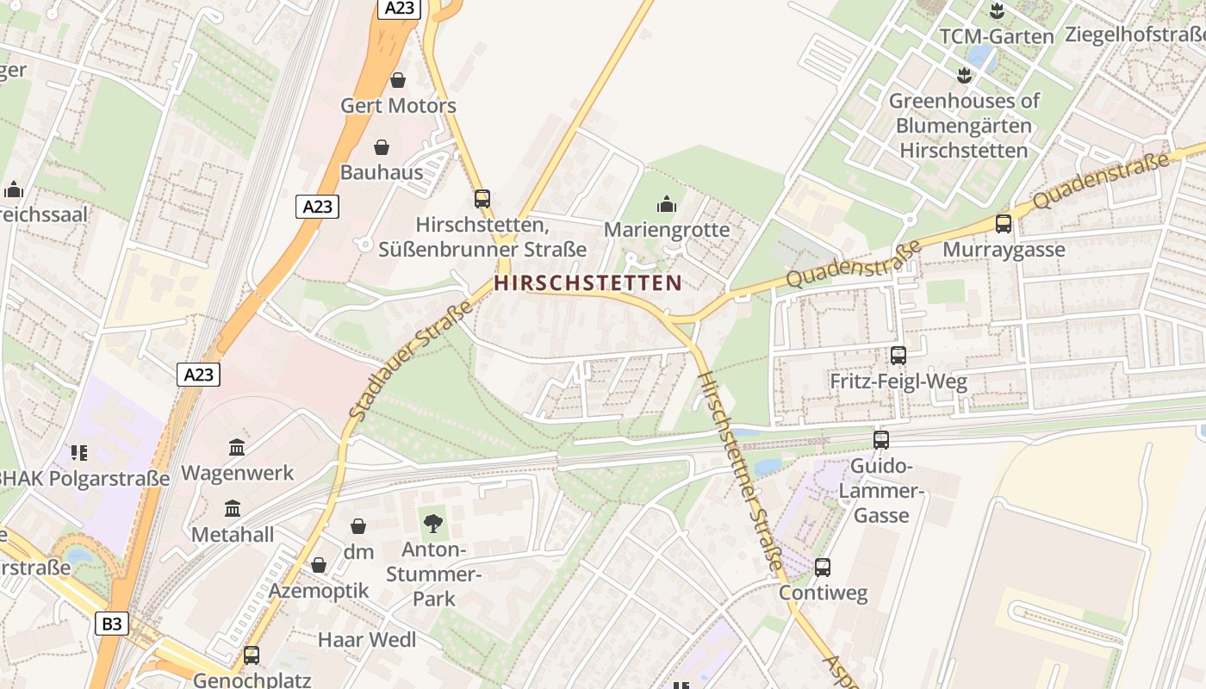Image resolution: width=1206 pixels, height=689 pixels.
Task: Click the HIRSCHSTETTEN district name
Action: [x=588, y=282]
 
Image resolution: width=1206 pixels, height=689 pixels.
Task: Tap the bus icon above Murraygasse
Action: [x=1004, y=224]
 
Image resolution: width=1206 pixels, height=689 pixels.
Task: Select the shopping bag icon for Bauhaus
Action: [x=382, y=147]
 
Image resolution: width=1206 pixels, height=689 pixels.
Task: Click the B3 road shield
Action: [x=111, y=624]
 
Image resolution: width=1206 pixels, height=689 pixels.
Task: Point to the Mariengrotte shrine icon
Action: [x=666, y=204]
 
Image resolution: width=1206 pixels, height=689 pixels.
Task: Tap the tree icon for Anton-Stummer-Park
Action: [x=433, y=523]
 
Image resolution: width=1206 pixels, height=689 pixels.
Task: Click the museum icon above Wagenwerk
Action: [x=237, y=447]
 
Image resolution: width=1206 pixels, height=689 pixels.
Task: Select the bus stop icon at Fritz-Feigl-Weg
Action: [x=898, y=356]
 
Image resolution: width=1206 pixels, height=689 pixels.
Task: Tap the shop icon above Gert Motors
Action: [x=398, y=80]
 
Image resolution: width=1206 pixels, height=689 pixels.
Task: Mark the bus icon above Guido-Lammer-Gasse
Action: [x=880, y=440]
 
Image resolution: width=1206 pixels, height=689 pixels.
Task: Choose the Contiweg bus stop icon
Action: [x=823, y=568]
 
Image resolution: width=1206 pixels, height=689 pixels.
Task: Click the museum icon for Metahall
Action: [x=232, y=508]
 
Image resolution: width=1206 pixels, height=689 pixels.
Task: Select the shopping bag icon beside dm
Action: [x=358, y=526]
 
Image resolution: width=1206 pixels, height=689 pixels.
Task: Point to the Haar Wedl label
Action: [x=367, y=640]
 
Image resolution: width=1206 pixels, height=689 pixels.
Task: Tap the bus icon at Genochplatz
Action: [x=252, y=655]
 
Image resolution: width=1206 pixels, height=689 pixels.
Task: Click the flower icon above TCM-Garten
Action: [x=997, y=11]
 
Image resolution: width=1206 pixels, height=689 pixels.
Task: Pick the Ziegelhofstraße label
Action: [x=1135, y=34]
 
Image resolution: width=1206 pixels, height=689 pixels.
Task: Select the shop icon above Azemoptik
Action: [x=319, y=565]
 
